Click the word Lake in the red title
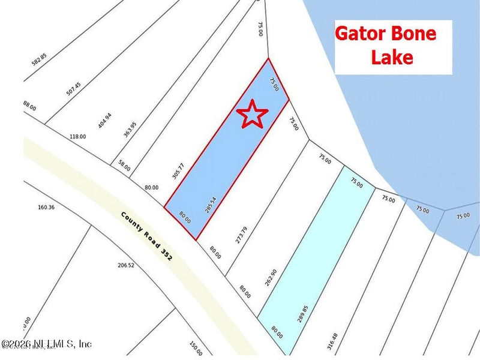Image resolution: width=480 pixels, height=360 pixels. [392, 57]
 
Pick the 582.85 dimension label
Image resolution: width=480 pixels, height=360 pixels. [40, 64]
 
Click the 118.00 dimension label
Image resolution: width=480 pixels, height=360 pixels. [77, 136]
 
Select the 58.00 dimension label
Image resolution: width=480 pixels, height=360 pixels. [124, 165]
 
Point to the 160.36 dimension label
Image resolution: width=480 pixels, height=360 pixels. [46, 208]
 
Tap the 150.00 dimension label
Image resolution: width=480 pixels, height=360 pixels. [196, 347]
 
